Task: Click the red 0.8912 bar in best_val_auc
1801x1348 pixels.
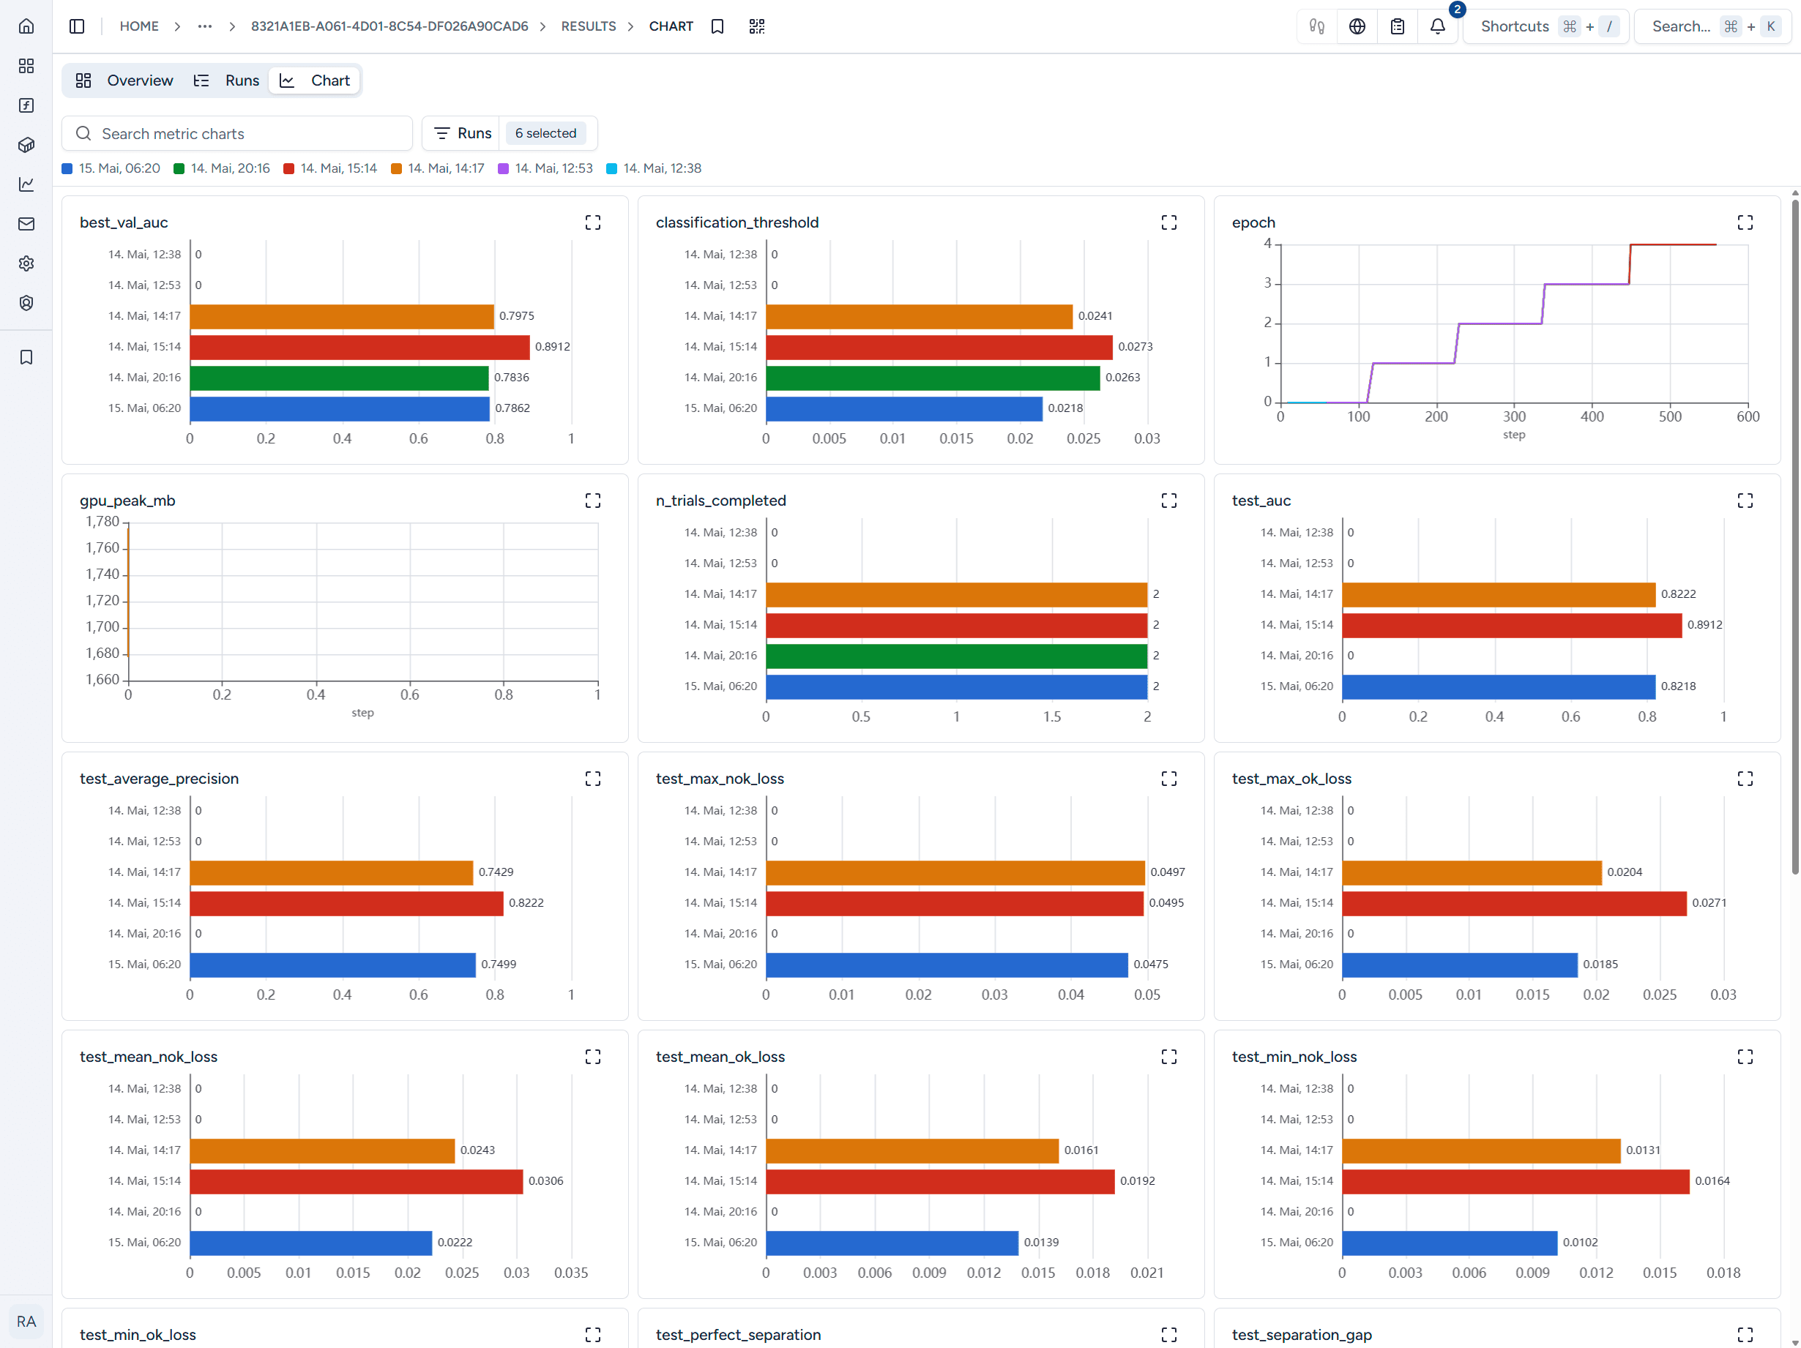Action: click(360, 347)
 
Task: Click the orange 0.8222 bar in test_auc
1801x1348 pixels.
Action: click(1499, 594)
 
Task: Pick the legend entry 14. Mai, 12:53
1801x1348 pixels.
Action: click(545, 168)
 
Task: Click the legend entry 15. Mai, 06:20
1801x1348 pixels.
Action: click(111, 168)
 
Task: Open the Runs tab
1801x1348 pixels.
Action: click(226, 80)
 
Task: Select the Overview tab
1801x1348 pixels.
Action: click(124, 80)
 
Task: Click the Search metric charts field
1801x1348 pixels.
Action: click(237, 133)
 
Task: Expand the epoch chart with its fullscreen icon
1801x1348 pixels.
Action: click(1745, 223)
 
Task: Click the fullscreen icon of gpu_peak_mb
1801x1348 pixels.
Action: click(593, 501)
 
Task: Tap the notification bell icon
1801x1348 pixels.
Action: click(1438, 27)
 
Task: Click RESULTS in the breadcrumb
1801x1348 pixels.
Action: click(589, 27)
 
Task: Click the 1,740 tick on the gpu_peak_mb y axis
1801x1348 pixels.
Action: click(102, 574)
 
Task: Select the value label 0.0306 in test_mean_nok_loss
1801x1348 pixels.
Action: click(545, 1181)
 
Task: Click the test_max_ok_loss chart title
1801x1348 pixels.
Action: click(1291, 779)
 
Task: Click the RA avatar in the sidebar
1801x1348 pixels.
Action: click(26, 1321)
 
